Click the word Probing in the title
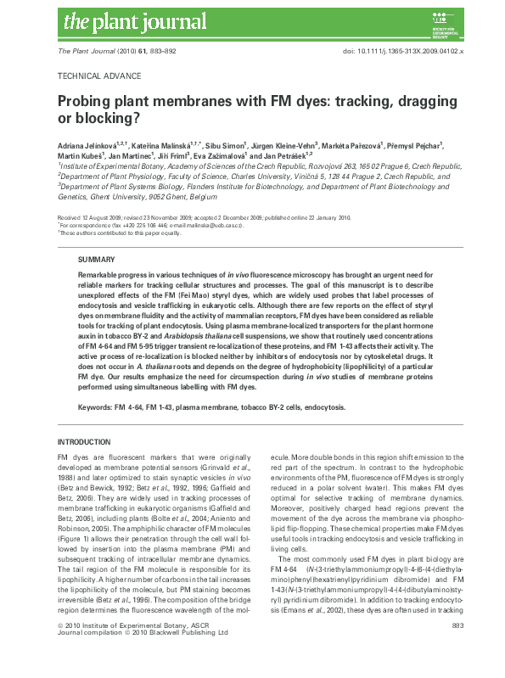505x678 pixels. (87, 100)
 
